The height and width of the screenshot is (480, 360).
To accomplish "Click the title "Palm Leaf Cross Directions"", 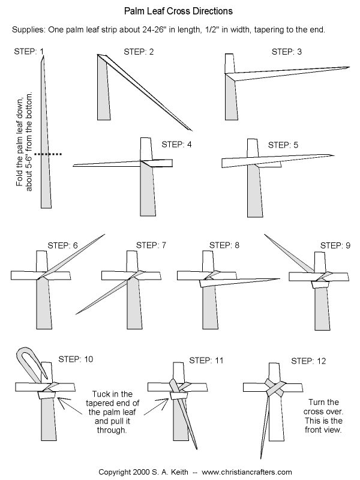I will [x=179, y=11].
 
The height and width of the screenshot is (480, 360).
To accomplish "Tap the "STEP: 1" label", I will [x=28, y=52].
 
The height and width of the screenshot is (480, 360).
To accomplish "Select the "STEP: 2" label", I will [x=138, y=52].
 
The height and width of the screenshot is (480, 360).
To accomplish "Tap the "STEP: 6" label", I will [x=63, y=245].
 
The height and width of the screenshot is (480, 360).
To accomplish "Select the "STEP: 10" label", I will [x=76, y=359].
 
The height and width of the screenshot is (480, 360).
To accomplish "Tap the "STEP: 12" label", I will [x=309, y=361].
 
